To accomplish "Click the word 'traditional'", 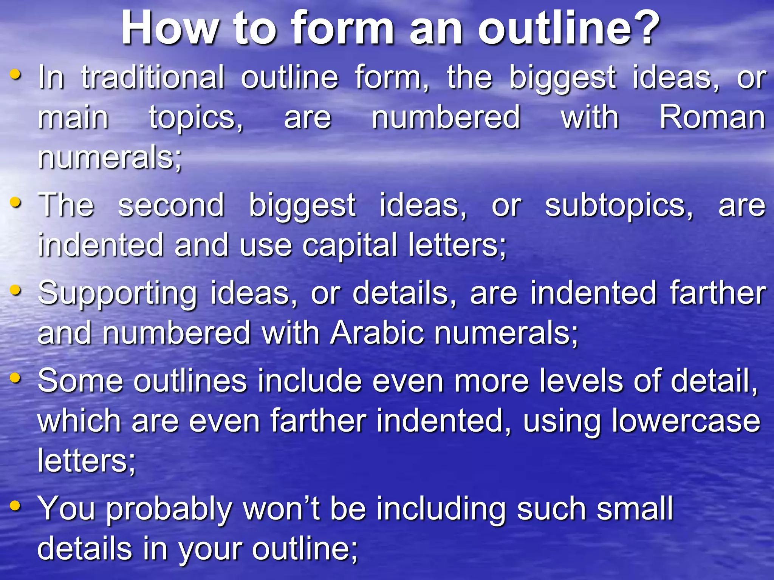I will point(153,77).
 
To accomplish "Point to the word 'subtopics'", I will point(619,206).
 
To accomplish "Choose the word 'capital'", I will point(350,245).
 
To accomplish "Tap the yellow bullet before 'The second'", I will point(15,202).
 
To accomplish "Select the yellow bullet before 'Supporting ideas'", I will point(15,290).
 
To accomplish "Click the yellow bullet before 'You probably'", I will point(15,505).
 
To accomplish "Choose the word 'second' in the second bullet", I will point(171,205).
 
